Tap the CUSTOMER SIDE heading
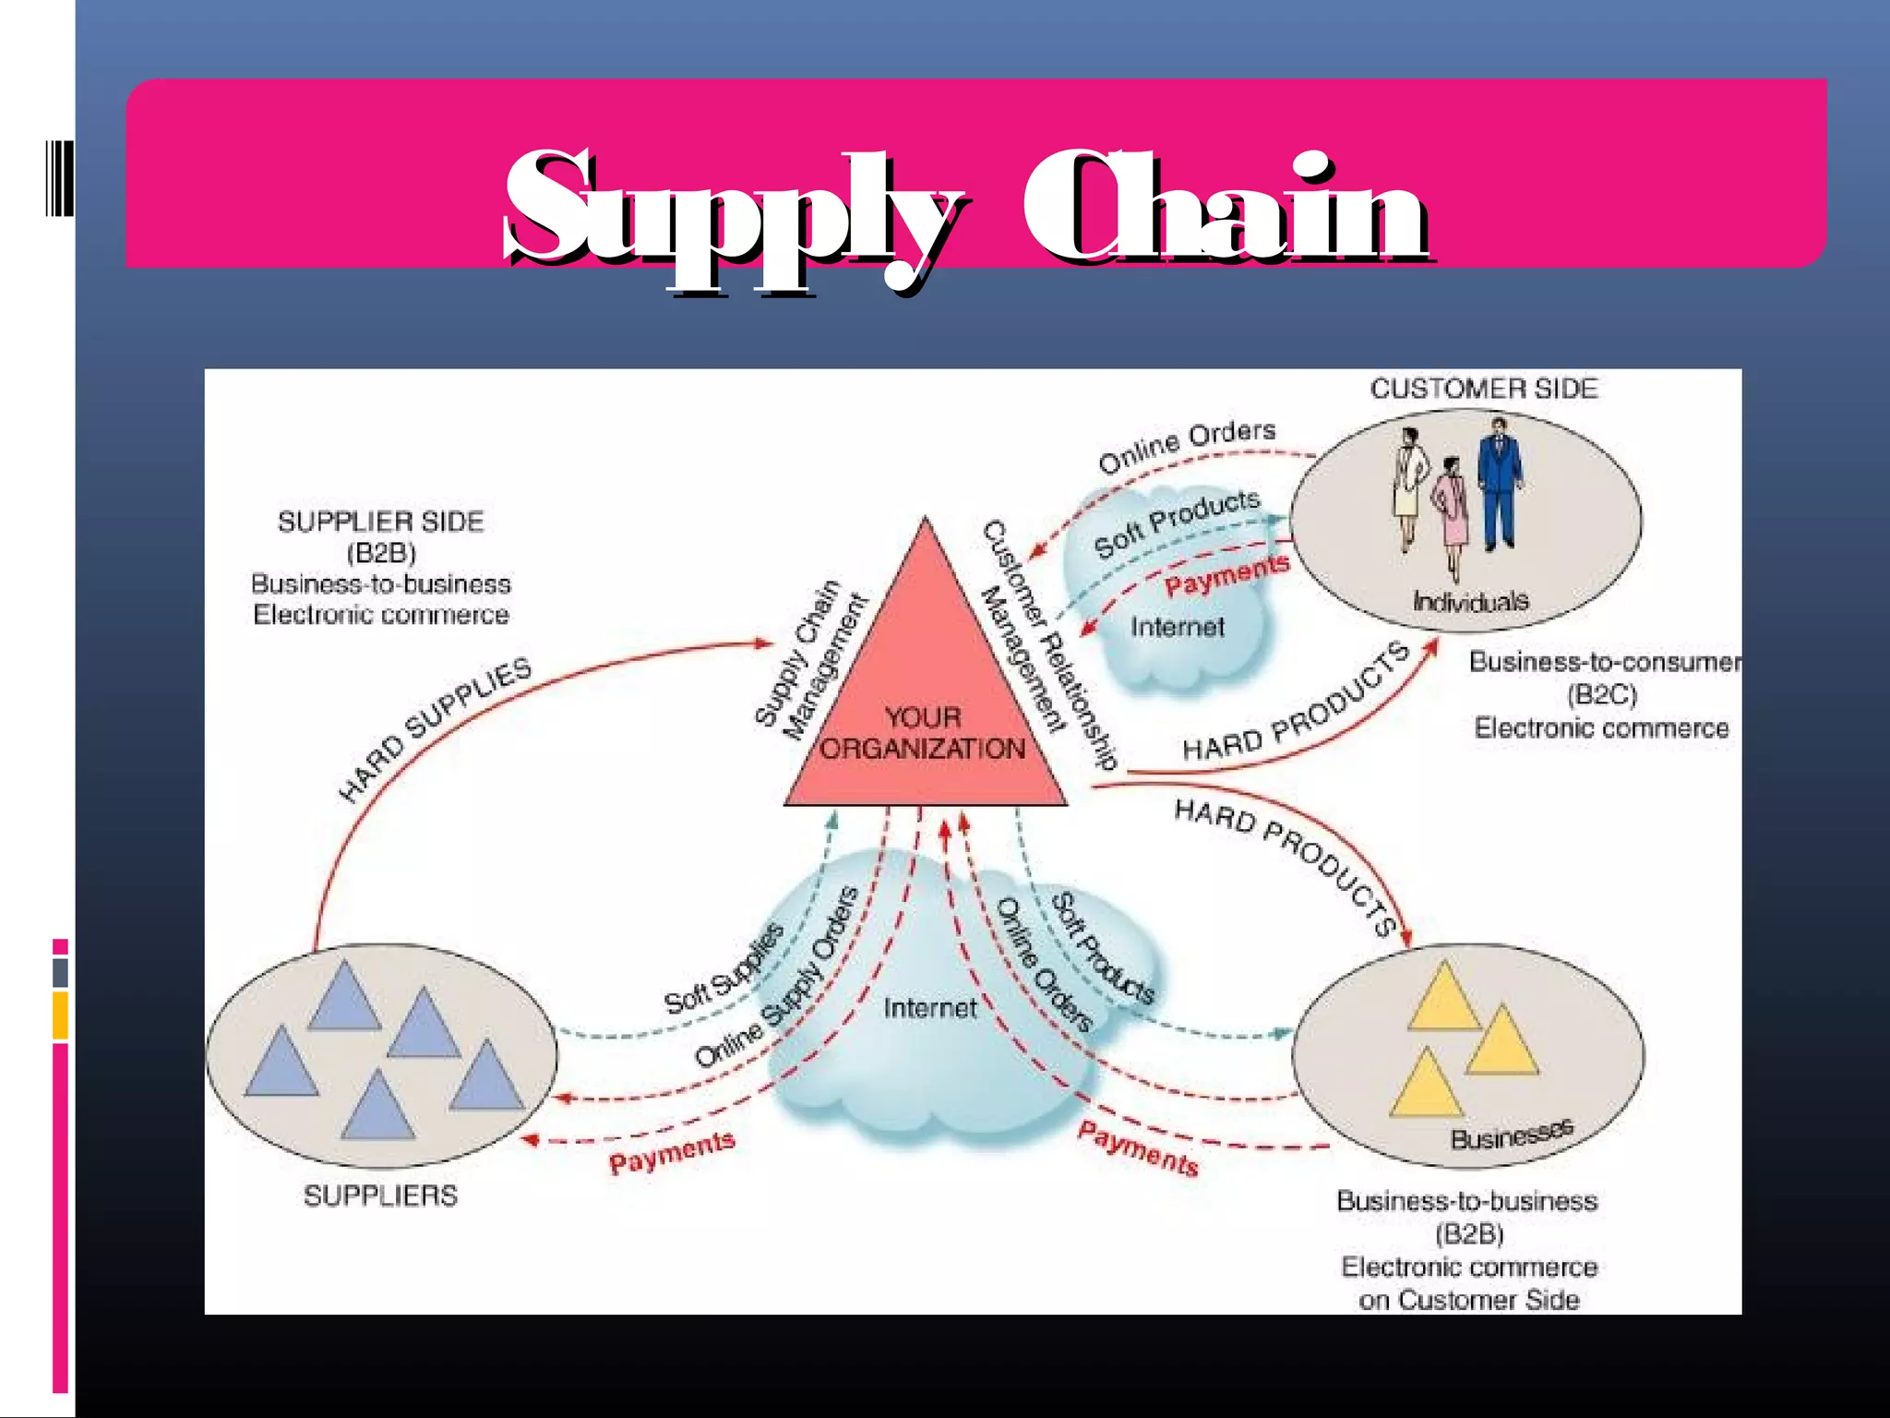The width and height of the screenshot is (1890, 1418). pyautogui.click(x=1483, y=389)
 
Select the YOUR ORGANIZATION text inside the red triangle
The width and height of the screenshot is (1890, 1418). pyautogui.click(x=923, y=733)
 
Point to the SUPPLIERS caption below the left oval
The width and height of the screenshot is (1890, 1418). pyautogui.click(x=380, y=1196)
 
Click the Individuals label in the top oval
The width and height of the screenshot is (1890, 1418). pyautogui.click(x=1470, y=602)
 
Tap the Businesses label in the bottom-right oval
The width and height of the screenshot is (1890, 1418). pyautogui.click(x=1511, y=1135)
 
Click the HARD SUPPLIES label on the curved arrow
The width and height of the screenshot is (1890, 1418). pyautogui.click(x=435, y=728)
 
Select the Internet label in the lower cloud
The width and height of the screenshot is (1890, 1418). pyautogui.click(x=929, y=1008)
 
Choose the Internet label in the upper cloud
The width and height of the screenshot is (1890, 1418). pyautogui.click(x=1178, y=628)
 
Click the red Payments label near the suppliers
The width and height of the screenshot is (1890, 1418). pyautogui.click(x=672, y=1151)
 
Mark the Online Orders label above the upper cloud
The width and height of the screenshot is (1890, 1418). pyautogui.click(x=1187, y=445)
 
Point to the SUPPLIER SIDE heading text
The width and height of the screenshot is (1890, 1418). pyautogui.click(x=380, y=522)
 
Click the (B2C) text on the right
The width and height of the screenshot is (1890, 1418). pyautogui.click(x=1601, y=694)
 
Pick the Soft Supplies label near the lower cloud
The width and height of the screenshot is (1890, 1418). pyautogui.click(x=724, y=969)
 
